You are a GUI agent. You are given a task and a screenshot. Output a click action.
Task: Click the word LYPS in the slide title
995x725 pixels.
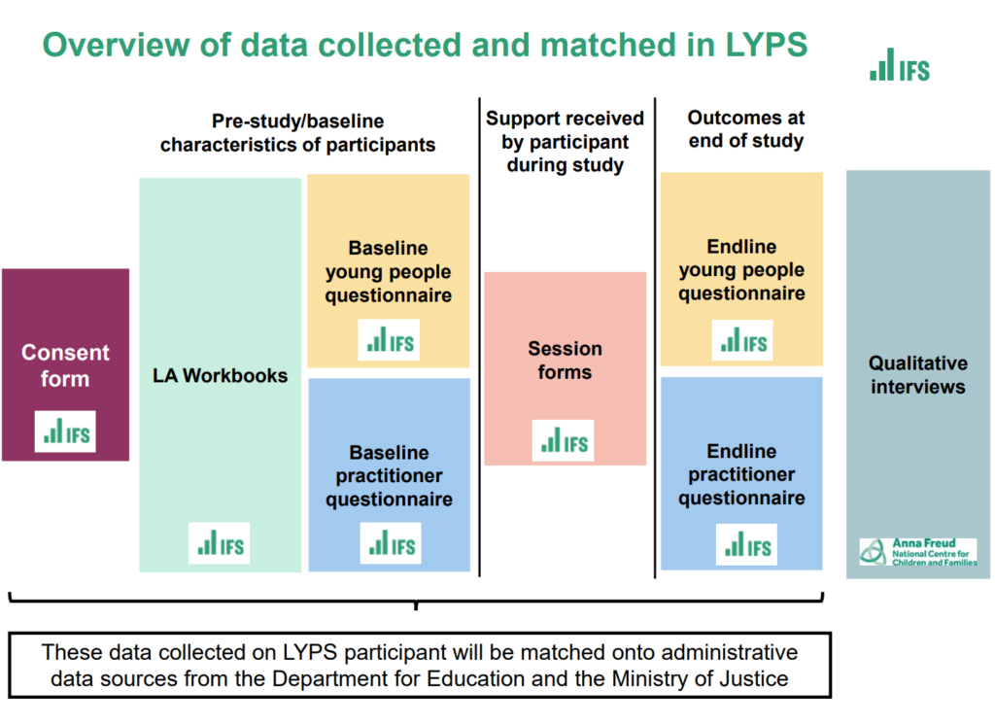(766, 45)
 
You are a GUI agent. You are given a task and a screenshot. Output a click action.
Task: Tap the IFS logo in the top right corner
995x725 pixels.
(900, 65)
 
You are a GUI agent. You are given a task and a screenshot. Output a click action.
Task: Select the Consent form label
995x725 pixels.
(65, 365)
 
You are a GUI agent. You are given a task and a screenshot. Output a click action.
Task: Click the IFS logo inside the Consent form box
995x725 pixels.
(65, 432)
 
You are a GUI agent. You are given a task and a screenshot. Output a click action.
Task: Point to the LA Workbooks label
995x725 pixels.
(221, 376)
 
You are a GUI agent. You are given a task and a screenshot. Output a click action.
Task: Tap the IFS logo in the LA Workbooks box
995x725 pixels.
(220, 543)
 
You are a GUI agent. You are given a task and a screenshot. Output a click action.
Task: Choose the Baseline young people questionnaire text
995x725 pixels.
(389, 272)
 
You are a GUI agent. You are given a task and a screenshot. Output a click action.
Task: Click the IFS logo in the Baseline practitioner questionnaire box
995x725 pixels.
(391, 543)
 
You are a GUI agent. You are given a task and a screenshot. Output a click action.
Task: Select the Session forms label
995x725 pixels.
(565, 360)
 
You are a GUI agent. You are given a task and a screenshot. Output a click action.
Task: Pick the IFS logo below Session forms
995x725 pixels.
(564, 440)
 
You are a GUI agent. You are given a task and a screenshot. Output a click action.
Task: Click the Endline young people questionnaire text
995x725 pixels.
(741, 270)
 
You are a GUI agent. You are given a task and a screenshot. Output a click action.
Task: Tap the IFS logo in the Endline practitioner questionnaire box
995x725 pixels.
(747, 544)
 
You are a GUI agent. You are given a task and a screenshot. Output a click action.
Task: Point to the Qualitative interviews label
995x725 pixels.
(918, 375)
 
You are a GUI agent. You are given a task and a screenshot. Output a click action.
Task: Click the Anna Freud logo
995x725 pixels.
(918, 552)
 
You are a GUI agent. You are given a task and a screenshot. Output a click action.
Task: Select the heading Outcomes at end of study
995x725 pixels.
(746, 129)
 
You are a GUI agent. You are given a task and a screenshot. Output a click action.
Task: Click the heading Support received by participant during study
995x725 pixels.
(565, 142)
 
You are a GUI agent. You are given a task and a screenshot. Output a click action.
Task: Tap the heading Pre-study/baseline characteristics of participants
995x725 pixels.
(297, 133)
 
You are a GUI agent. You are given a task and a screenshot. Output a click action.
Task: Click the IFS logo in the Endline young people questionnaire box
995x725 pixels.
(742, 340)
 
